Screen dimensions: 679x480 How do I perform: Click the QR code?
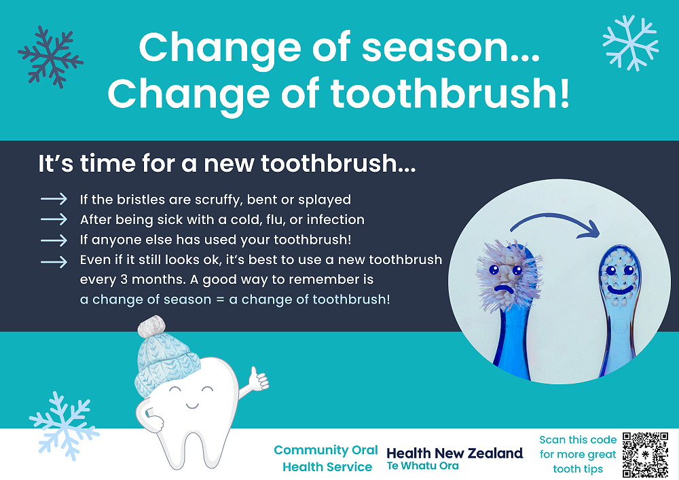(x=645, y=454)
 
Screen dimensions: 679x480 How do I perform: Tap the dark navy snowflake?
(x=51, y=57)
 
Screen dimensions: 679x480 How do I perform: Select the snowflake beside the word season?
(x=631, y=43)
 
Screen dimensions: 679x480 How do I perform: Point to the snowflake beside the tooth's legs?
(x=64, y=426)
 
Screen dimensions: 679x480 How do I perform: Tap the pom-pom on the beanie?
(x=151, y=327)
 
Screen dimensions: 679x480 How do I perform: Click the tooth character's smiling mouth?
(x=192, y=405)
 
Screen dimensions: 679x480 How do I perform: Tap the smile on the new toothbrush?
(x=620, y=290)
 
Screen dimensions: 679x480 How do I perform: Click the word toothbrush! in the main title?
(x=450, y=93)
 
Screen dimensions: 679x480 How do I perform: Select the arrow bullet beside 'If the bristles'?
(x=54, y=199)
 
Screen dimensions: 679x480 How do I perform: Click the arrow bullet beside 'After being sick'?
(x=54, y=219)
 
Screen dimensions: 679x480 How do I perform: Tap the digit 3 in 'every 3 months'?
(x=124, y=280)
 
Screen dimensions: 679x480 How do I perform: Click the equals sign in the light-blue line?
(x=220, y=299)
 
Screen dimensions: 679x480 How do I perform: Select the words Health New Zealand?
(x=455, y=453)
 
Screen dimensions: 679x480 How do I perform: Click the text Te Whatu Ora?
(x=422, y=466)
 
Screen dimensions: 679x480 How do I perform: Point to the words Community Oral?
(x=326, y=450)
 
